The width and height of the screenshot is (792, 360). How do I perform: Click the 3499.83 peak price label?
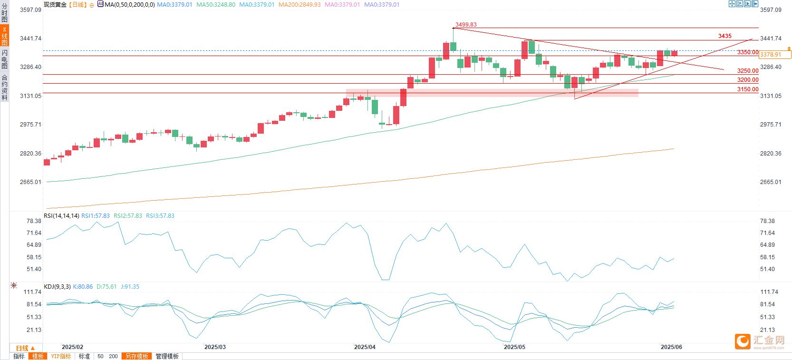tap(465, 25)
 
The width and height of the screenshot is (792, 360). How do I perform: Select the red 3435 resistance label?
tap(724, 36)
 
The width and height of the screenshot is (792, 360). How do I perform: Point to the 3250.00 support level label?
tap(747, 71)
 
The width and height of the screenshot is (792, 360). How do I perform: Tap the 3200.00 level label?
tap(747, 80)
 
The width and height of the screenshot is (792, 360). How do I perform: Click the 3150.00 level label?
tap(747, 89)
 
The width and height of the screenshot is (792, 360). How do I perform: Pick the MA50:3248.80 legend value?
tap(216, 5)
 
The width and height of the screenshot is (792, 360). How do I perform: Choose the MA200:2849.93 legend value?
tap(299, 5)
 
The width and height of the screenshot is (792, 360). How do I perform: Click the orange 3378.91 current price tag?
tap(771, 55)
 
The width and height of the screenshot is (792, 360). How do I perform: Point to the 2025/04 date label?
tap(365, 347)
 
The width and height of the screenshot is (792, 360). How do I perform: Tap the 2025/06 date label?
tap(671, 347)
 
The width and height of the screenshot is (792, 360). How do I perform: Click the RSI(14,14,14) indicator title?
tap(61, 216)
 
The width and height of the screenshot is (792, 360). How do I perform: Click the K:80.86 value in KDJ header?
tap(83, 287)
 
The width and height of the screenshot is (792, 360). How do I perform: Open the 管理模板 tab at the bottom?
tap(167, 356)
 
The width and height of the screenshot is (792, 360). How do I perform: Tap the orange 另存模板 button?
tap(137, 356)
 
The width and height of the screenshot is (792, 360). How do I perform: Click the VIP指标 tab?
tap(61, 356)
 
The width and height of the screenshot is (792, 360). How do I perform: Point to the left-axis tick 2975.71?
tap(30, 125)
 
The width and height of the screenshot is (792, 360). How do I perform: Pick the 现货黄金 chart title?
tap(55, 5)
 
